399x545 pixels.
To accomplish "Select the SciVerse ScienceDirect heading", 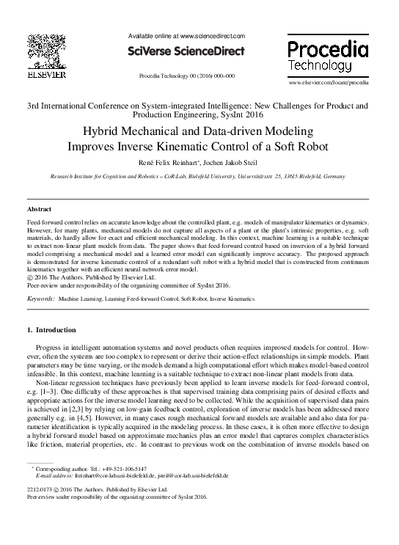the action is coord(186,51).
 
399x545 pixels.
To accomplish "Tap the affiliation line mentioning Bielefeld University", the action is coord(199,177).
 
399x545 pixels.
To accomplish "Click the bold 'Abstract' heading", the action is coord(38,209).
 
